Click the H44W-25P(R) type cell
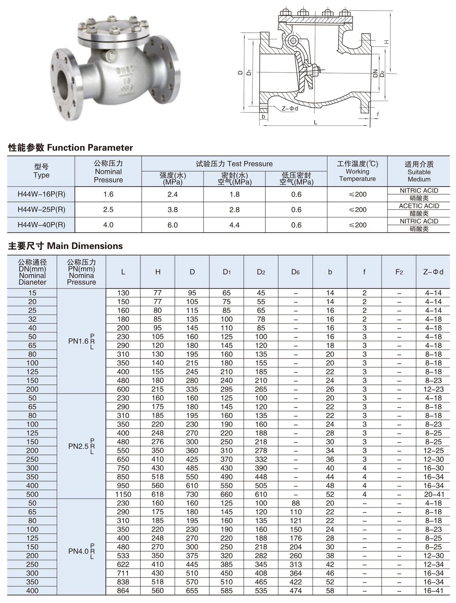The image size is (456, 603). [41, 209]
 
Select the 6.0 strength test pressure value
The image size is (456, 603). [173, 225]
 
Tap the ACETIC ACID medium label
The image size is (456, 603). [419, 206]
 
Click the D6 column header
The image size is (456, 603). [295, 272]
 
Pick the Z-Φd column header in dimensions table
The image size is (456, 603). [433, 272]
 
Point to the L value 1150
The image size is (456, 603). [123, 495]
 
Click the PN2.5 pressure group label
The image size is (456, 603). [81, 446]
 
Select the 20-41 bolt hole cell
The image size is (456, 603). [434, 495]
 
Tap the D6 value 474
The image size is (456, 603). [295, 590]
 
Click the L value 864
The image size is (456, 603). [123, 590]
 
